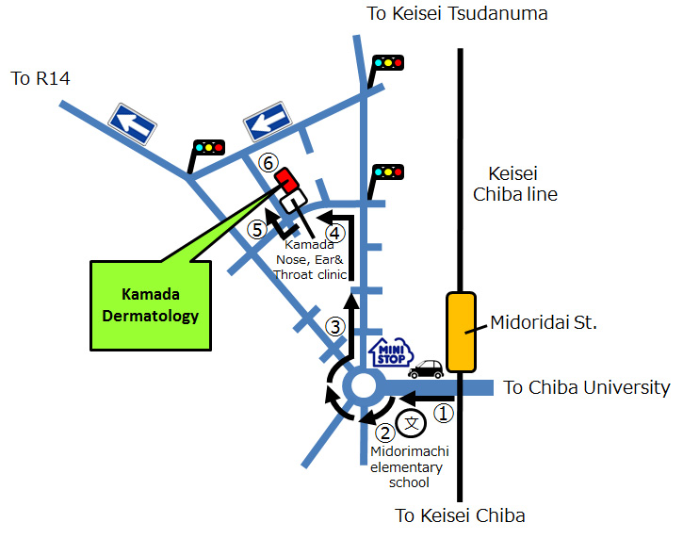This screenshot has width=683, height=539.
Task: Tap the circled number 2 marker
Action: pyautogui.click(x=384, y=433)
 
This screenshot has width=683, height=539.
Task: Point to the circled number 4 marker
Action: pyautogui.click(x=334, y=232)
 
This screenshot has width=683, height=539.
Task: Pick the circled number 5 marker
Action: pyautogui.click(x=256, y=228)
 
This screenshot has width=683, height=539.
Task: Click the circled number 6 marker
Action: pyautogui.click(x=268, y=162)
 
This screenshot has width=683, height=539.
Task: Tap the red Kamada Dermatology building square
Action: pyautogui.click(x=285, y=178)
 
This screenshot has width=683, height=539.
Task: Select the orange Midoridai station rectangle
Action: pyautogui.click(x=461, y=332)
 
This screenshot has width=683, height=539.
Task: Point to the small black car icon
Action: pyautogui.click(x=426, y=368)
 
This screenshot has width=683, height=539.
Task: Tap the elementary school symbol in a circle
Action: pyautogui.click(x=412, y=424)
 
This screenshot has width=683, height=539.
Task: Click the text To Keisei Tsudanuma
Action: pyautogui.click(x=457, y=13)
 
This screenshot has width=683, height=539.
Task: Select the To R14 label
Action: pyautogui.click(x=41, y=78)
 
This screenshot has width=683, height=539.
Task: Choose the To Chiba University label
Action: pyautogui.click(x=586, y=387)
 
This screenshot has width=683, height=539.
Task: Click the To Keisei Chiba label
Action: pyautogui.click(x=460, y=515)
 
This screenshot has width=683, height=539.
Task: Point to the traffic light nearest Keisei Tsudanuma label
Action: pyautogui.click(x=387, y=62)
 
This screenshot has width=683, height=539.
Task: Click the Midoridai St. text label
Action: pyautogui.click(x=544, y=323)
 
